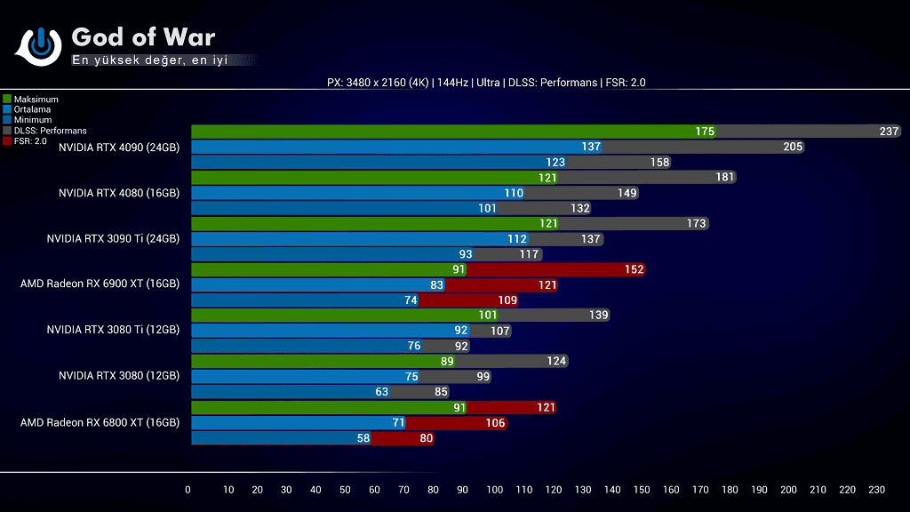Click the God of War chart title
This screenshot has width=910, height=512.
pos(143,36)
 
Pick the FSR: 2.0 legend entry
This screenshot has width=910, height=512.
pos(29,140)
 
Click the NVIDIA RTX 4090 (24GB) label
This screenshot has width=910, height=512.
pos(119,148)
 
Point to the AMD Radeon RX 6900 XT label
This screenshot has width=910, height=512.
pos(100,284)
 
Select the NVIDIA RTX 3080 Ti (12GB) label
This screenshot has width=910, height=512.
pos(113,330)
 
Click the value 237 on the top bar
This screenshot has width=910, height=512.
pos(889,132)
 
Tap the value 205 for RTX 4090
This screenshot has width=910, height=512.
pos(793,147)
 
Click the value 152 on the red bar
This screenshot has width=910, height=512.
pos(634,269)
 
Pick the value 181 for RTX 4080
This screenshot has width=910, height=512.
pos(724,177)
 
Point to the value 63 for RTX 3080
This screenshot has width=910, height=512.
pos(382,391)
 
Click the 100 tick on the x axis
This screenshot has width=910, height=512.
pos(495,490)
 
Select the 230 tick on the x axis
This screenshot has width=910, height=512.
pos(876,490)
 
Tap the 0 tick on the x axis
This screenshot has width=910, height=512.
pos(188,490)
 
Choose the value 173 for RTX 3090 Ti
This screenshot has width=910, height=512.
pos(696,223)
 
